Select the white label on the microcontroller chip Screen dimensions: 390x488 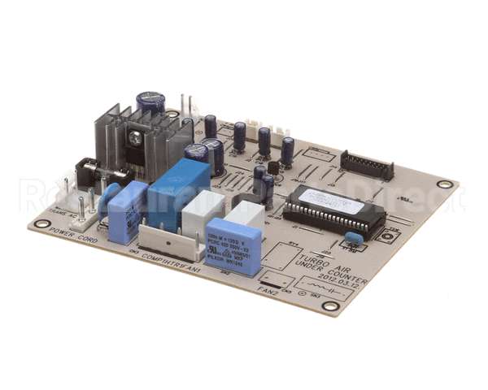(x=329, y=200)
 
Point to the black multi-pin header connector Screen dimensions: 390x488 (x=367, y=165)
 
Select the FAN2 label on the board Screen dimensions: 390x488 (x=269, y=289)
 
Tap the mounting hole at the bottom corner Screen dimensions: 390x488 (x=329, y=306)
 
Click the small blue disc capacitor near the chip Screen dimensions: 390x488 (x=352, y=237)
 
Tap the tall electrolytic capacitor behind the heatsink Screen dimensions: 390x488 (x=151, y=103)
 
